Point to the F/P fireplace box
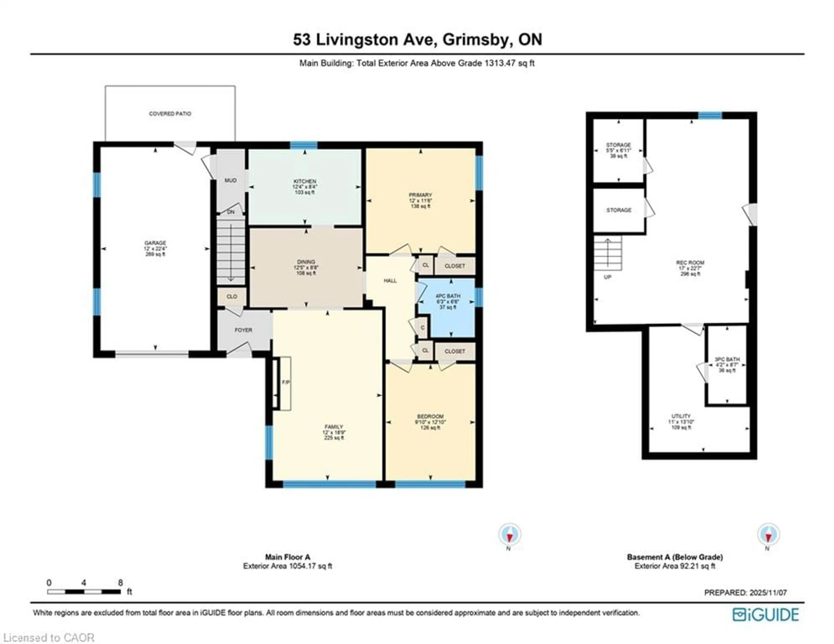coord(285,383)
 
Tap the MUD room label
coord(230,180)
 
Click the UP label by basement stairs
coord(607,277)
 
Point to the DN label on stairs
coord(231,212)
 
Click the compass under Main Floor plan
coord(509,534)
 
